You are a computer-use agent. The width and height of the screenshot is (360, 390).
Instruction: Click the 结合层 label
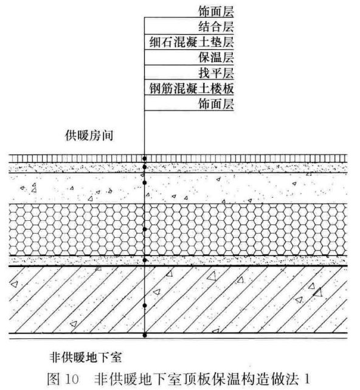click(216, 27)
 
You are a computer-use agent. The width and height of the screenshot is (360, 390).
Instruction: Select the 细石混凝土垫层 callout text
click(192, 42)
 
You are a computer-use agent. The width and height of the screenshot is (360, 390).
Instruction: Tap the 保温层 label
click(216, 57)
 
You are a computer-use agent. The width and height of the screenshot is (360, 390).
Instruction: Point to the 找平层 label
click(216, 73)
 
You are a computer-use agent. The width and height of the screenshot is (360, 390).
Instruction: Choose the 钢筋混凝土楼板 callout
click(192, 88)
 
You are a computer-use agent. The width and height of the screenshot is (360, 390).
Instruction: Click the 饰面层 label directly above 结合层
click(216, 11)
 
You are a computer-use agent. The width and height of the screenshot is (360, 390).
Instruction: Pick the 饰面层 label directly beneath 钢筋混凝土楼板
click(216, 103)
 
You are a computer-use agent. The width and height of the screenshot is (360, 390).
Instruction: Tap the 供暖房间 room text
click(89, 136)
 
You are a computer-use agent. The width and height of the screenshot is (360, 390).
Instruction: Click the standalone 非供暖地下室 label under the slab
click(86, 357)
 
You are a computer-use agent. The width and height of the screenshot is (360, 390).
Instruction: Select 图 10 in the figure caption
click(63, 379)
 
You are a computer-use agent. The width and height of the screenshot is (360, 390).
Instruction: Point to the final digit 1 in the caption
click(307, 379)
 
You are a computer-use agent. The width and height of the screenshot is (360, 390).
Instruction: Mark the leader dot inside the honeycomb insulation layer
click(145, 229)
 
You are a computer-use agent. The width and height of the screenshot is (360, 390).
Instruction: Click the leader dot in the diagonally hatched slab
click(145, 305)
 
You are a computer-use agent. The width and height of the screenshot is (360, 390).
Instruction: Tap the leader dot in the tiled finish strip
click(145, 158)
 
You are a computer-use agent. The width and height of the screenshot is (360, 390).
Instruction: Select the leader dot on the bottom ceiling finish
click(145, 335)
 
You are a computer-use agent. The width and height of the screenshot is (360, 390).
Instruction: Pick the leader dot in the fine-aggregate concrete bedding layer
click(145, 183)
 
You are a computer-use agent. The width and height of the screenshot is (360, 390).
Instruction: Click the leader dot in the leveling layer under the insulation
click(145, 260)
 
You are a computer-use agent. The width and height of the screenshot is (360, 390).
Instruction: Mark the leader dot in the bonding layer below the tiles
click(145, 167)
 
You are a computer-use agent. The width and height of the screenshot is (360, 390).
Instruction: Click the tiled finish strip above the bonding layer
click(178, 158)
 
